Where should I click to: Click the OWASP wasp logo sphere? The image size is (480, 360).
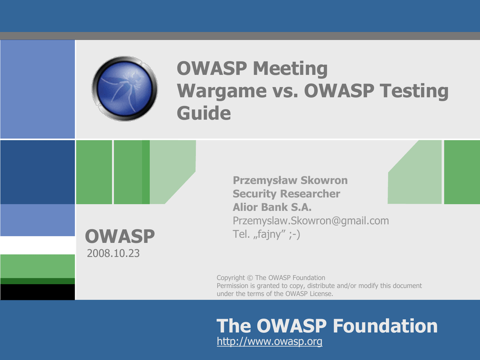pyautogui.click(x=125, y=89)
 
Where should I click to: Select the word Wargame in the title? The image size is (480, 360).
pyautogui.click(x=222, y=91)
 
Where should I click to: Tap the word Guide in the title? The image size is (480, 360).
pyautogui.click(x=204, y=113)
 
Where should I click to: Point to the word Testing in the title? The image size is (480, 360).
pyautogui.click(x=414, y=91)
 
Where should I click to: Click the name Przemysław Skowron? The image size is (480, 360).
pyautogui.click(x=290, y=180)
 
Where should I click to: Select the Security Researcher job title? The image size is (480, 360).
pyautogui.click(x=286, y=194)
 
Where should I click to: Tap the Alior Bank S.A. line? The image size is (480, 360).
pyautogui.click(x=272, y=207)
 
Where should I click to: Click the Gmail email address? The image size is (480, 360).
pyautogui.click(x=311, y=221)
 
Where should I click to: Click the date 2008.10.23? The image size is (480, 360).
pyautogui.click(x=113, y=253)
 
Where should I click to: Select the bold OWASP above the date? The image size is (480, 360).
pyautogui.click(x=120, y=236)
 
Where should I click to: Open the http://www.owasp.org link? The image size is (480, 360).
pyautogui.click(x=270, y=341)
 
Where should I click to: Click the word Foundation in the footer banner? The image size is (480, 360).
pyautogui.click(x=385, y=326)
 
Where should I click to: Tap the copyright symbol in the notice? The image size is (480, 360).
pyautogui.click(x=250, y=278)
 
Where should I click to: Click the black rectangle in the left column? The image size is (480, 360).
pyautogui.click(x=37, y=292)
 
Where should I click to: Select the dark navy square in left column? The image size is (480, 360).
pyautogui.click(x=37, y=172)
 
